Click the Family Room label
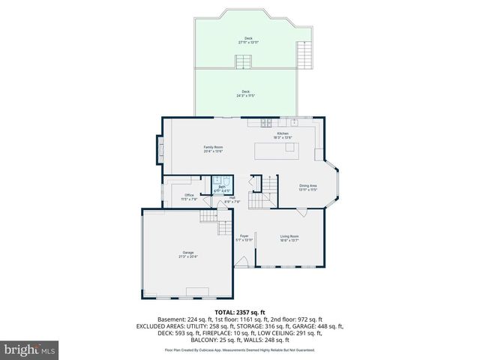click(x=213, y=146)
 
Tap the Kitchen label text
click(x=283, y=133)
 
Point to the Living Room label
click(x=289, y=236)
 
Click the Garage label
click(x=187, y=252)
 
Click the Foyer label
click(x=244, y=236)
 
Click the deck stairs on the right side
click(x=304, y=54)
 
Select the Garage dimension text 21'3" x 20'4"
click(x=187, y=256)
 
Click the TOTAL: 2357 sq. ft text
click(x=240, y=311)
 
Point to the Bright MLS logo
click(x=30, y=349)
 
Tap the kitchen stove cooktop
click(x=268, y=122)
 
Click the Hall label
click(x=232, y=198)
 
